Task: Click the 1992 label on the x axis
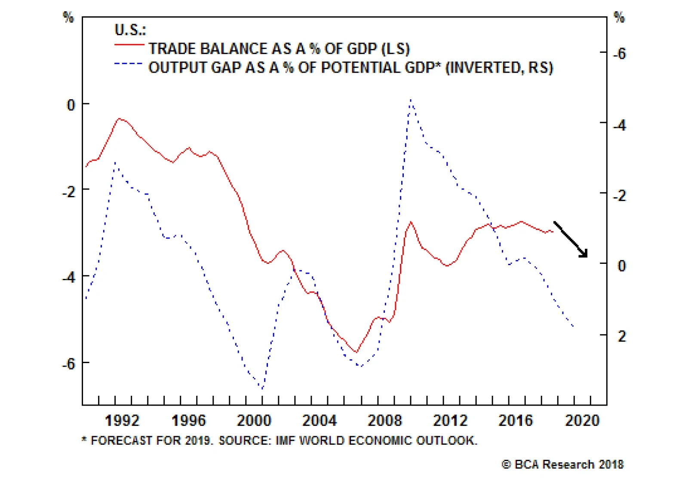pos(122,420)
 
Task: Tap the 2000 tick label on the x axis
pos(254,420)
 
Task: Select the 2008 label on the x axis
pos(384,420)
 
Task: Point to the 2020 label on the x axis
pos(582,420)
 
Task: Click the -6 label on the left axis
pos(69,364)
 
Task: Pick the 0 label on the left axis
pos(71,104)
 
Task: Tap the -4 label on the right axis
pos(619,125)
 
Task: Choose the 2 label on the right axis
pos(622,336)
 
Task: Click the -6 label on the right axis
pos(619,54)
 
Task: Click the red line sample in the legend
pos(129,45)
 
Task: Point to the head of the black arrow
pos(586,256)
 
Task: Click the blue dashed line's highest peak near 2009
pos(411,100)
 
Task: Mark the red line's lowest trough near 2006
pos(356,352)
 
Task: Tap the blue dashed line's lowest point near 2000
pos(262,389)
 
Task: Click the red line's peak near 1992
pos(120,119)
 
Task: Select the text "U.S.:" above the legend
pos(130,30)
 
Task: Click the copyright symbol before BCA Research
pos(507,464)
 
